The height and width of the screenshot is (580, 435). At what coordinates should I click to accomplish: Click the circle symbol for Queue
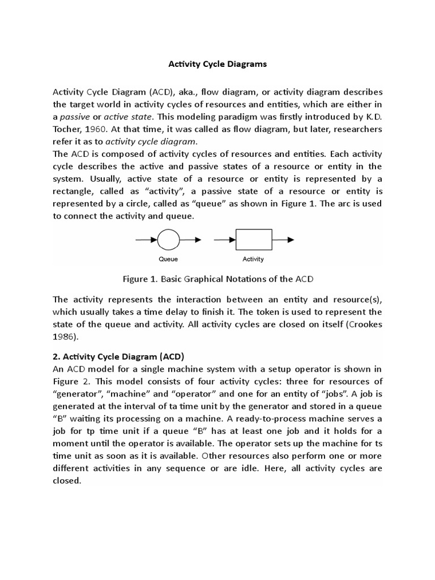168,240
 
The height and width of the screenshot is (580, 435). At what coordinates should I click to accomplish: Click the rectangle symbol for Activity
253,240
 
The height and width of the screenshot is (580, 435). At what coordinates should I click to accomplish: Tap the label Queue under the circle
168,259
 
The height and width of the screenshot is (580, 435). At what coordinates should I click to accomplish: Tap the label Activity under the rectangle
253,259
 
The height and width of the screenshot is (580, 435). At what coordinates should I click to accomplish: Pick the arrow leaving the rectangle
283,240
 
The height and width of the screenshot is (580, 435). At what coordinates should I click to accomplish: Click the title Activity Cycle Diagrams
217,64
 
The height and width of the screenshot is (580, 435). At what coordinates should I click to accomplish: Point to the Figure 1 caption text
217,279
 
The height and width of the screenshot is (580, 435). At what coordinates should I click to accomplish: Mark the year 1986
63,336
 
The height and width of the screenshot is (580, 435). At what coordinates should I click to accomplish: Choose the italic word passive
75,117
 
